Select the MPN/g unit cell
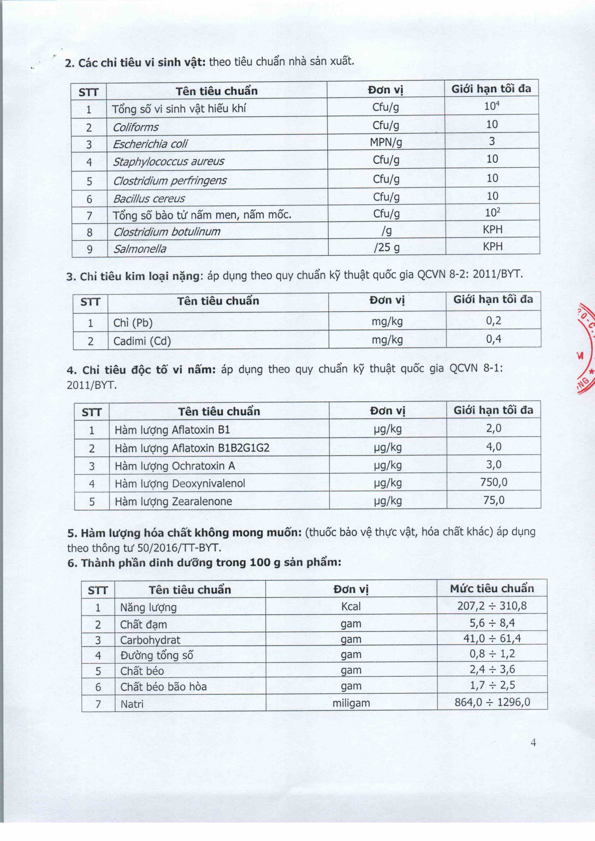coord(386,142)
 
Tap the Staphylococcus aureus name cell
coord(168,162)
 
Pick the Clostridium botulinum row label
coord(167,232)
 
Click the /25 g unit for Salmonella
coord(386,248)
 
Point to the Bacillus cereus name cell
coord(149,198)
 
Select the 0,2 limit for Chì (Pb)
coord(493,321)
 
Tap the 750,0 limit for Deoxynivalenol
coord(493,482)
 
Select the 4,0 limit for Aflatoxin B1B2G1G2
coord(493,446)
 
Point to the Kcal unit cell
coord(351,606)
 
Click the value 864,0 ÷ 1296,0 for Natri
coord(492,702)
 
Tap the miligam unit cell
coord(351,703)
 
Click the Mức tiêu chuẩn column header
coord(492,589)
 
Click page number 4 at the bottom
coord(533,742)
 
